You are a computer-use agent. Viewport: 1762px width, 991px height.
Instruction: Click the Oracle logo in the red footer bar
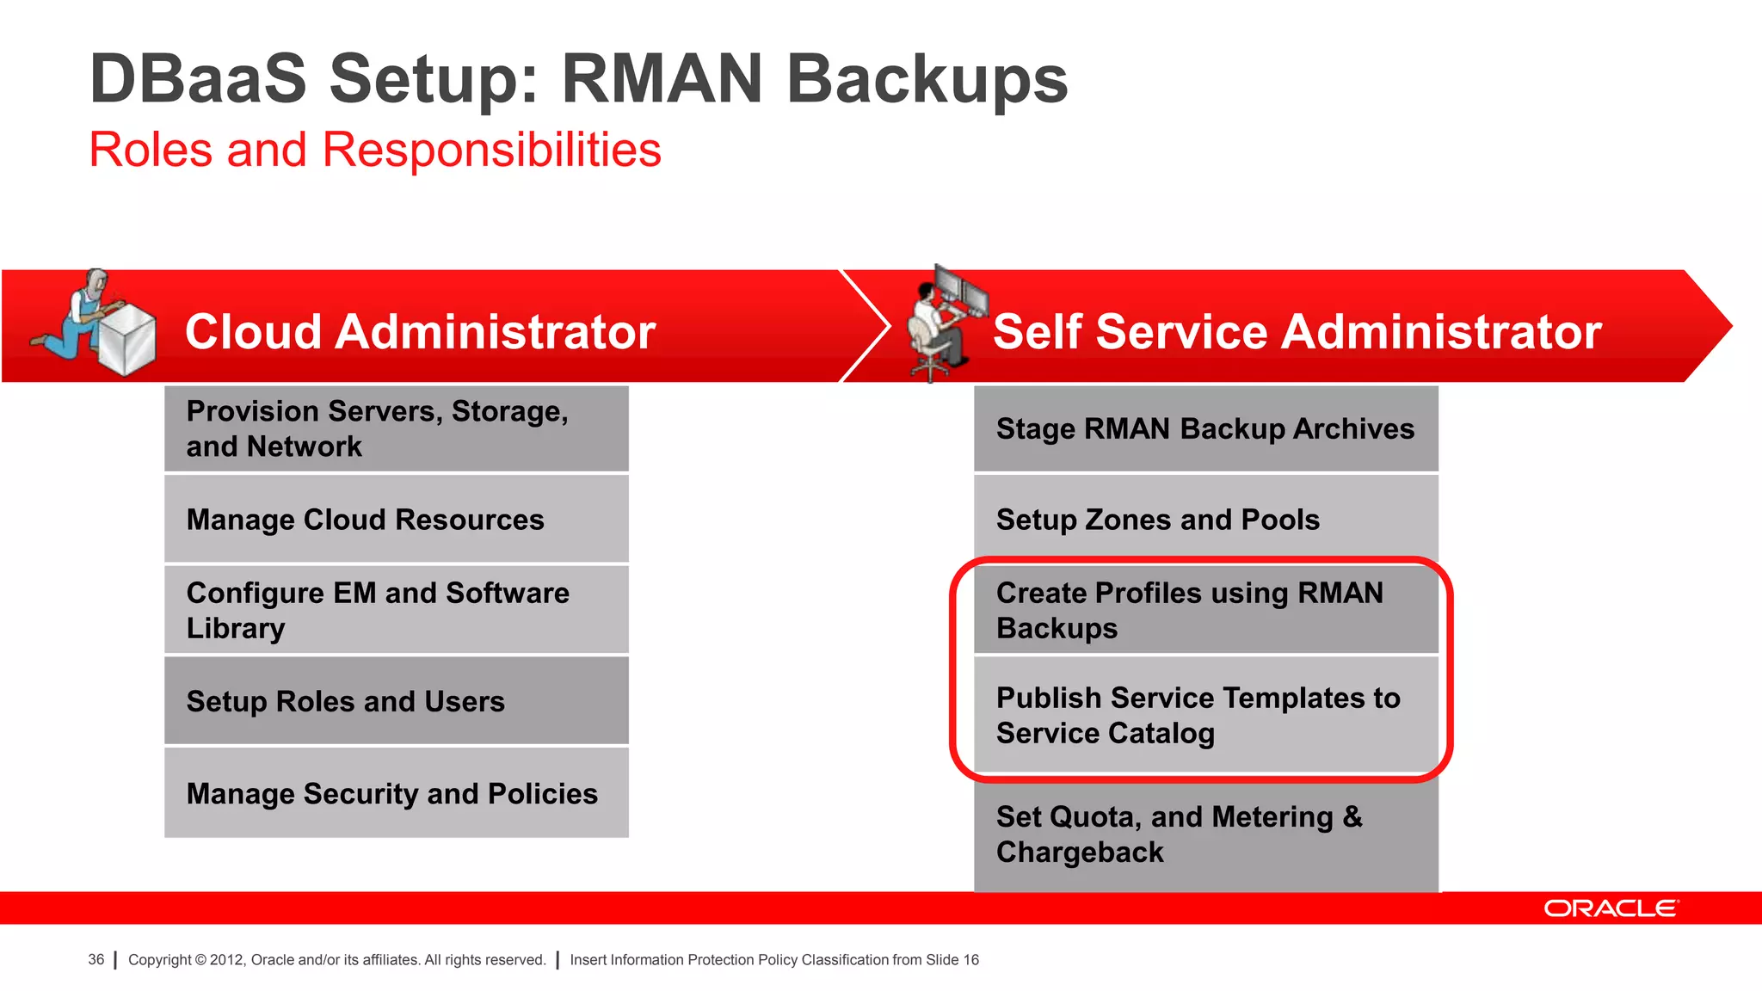tap(1610, 908)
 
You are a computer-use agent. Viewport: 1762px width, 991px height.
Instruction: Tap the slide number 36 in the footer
tap(96, 959)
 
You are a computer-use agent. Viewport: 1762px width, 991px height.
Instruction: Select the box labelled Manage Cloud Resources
tap(396, 520)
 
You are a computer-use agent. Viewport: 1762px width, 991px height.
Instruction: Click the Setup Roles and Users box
tap(396, 701)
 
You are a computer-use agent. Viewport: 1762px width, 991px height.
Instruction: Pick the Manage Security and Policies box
tap(396, 793)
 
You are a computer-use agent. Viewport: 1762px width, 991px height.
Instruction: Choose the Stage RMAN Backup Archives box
tap(1205, 428)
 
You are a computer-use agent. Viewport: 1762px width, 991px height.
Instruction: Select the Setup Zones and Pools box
tap(1205, 520)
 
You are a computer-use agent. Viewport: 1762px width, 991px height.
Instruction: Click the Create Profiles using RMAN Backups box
tap(1205, 610)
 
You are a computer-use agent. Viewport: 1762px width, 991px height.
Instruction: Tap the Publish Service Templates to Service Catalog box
tap(1205, 715)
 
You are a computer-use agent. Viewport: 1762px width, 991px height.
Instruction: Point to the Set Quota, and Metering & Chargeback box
tap(1205, 834)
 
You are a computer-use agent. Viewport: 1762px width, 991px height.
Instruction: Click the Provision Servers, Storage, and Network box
tap(396, 428)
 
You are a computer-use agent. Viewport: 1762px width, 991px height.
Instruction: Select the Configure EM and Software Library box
tap(396, 610)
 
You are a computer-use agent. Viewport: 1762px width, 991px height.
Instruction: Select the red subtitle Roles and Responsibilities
tap(375, 150)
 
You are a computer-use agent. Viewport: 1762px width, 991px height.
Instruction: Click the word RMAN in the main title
tap(662, 79)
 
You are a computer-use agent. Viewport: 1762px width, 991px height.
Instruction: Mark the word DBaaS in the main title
tap(198, 79)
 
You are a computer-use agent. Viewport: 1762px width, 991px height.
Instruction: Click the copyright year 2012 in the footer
tap(226, 960)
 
